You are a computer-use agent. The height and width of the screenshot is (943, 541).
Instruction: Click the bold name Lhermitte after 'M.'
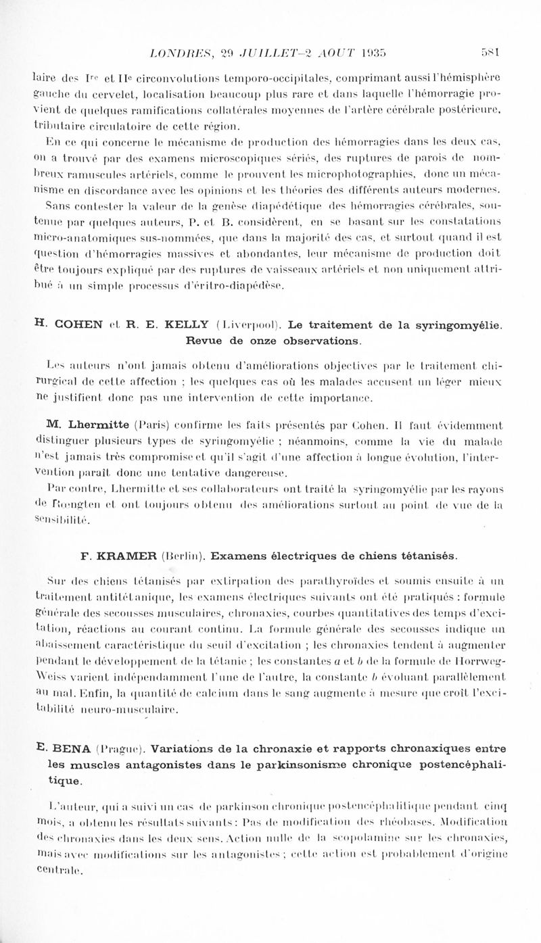(76, 425)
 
